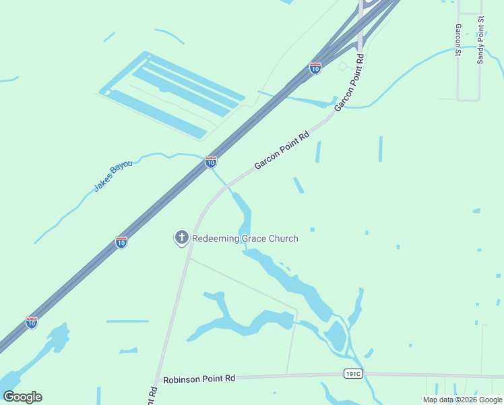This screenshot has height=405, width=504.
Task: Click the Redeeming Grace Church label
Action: click(245, 238)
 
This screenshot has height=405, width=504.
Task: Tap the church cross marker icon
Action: click(181, 238)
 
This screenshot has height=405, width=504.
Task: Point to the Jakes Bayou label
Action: click(113, 175)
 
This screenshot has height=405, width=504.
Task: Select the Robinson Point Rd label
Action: click(198, 379)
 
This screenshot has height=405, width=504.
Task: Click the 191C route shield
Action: click(352, 373)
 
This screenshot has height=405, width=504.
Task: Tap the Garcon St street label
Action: click(458, 40)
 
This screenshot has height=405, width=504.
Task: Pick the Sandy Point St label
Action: click(480, 41)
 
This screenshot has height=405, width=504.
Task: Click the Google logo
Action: click(22, 396)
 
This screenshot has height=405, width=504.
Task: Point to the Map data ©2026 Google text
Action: click(462, 400)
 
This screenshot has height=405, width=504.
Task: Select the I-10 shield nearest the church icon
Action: click(121, 242)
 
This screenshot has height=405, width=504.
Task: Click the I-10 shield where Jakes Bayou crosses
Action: click(211, 162)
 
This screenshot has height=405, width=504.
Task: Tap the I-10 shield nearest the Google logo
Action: click(32, 323)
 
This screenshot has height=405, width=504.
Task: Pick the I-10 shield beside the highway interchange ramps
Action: click(315, 67)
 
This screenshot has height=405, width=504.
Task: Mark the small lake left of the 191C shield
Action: click(336, 335)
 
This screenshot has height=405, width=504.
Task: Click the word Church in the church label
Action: click(282, 238)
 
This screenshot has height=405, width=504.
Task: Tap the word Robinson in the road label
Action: click(183, 379)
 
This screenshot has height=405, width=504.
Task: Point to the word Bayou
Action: click(123, 169)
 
